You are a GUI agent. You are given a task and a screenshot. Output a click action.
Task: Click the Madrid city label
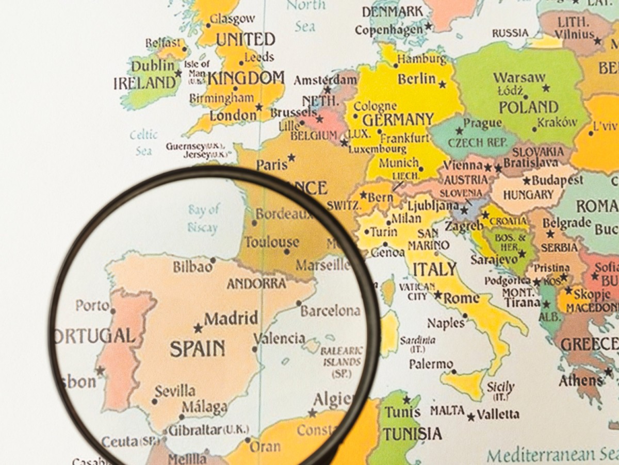tap(231, 319)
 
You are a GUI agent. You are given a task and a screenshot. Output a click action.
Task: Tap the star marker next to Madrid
tap(198, 328)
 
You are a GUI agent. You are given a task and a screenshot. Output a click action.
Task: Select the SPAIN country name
tap(198, 348)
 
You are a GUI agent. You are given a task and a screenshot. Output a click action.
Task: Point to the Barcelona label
tap(330, 311)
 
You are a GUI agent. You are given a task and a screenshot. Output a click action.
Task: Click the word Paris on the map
tap(272, 165)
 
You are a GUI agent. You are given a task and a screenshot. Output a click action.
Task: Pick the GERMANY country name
tap(398, 120)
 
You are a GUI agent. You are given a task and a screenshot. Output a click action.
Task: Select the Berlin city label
tap(417, 79)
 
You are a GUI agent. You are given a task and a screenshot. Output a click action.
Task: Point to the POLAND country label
tap(529, 107)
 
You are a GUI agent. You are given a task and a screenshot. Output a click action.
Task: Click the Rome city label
tap(462, 298)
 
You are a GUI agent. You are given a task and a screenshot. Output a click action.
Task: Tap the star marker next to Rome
tap(438, 295)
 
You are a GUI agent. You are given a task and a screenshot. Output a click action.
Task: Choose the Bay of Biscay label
tap(203, 218)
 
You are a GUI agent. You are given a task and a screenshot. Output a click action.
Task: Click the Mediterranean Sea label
tap(552, 455)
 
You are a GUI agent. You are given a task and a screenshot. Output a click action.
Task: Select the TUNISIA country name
tap(412, 434)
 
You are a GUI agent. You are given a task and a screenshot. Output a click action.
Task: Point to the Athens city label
tap(580, 381)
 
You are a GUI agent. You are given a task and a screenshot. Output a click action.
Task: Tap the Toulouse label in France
tap(271, 242)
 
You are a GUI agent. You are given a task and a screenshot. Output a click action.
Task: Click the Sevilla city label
tap(175, 390)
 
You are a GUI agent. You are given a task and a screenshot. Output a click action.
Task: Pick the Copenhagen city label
tap(388, 30)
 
